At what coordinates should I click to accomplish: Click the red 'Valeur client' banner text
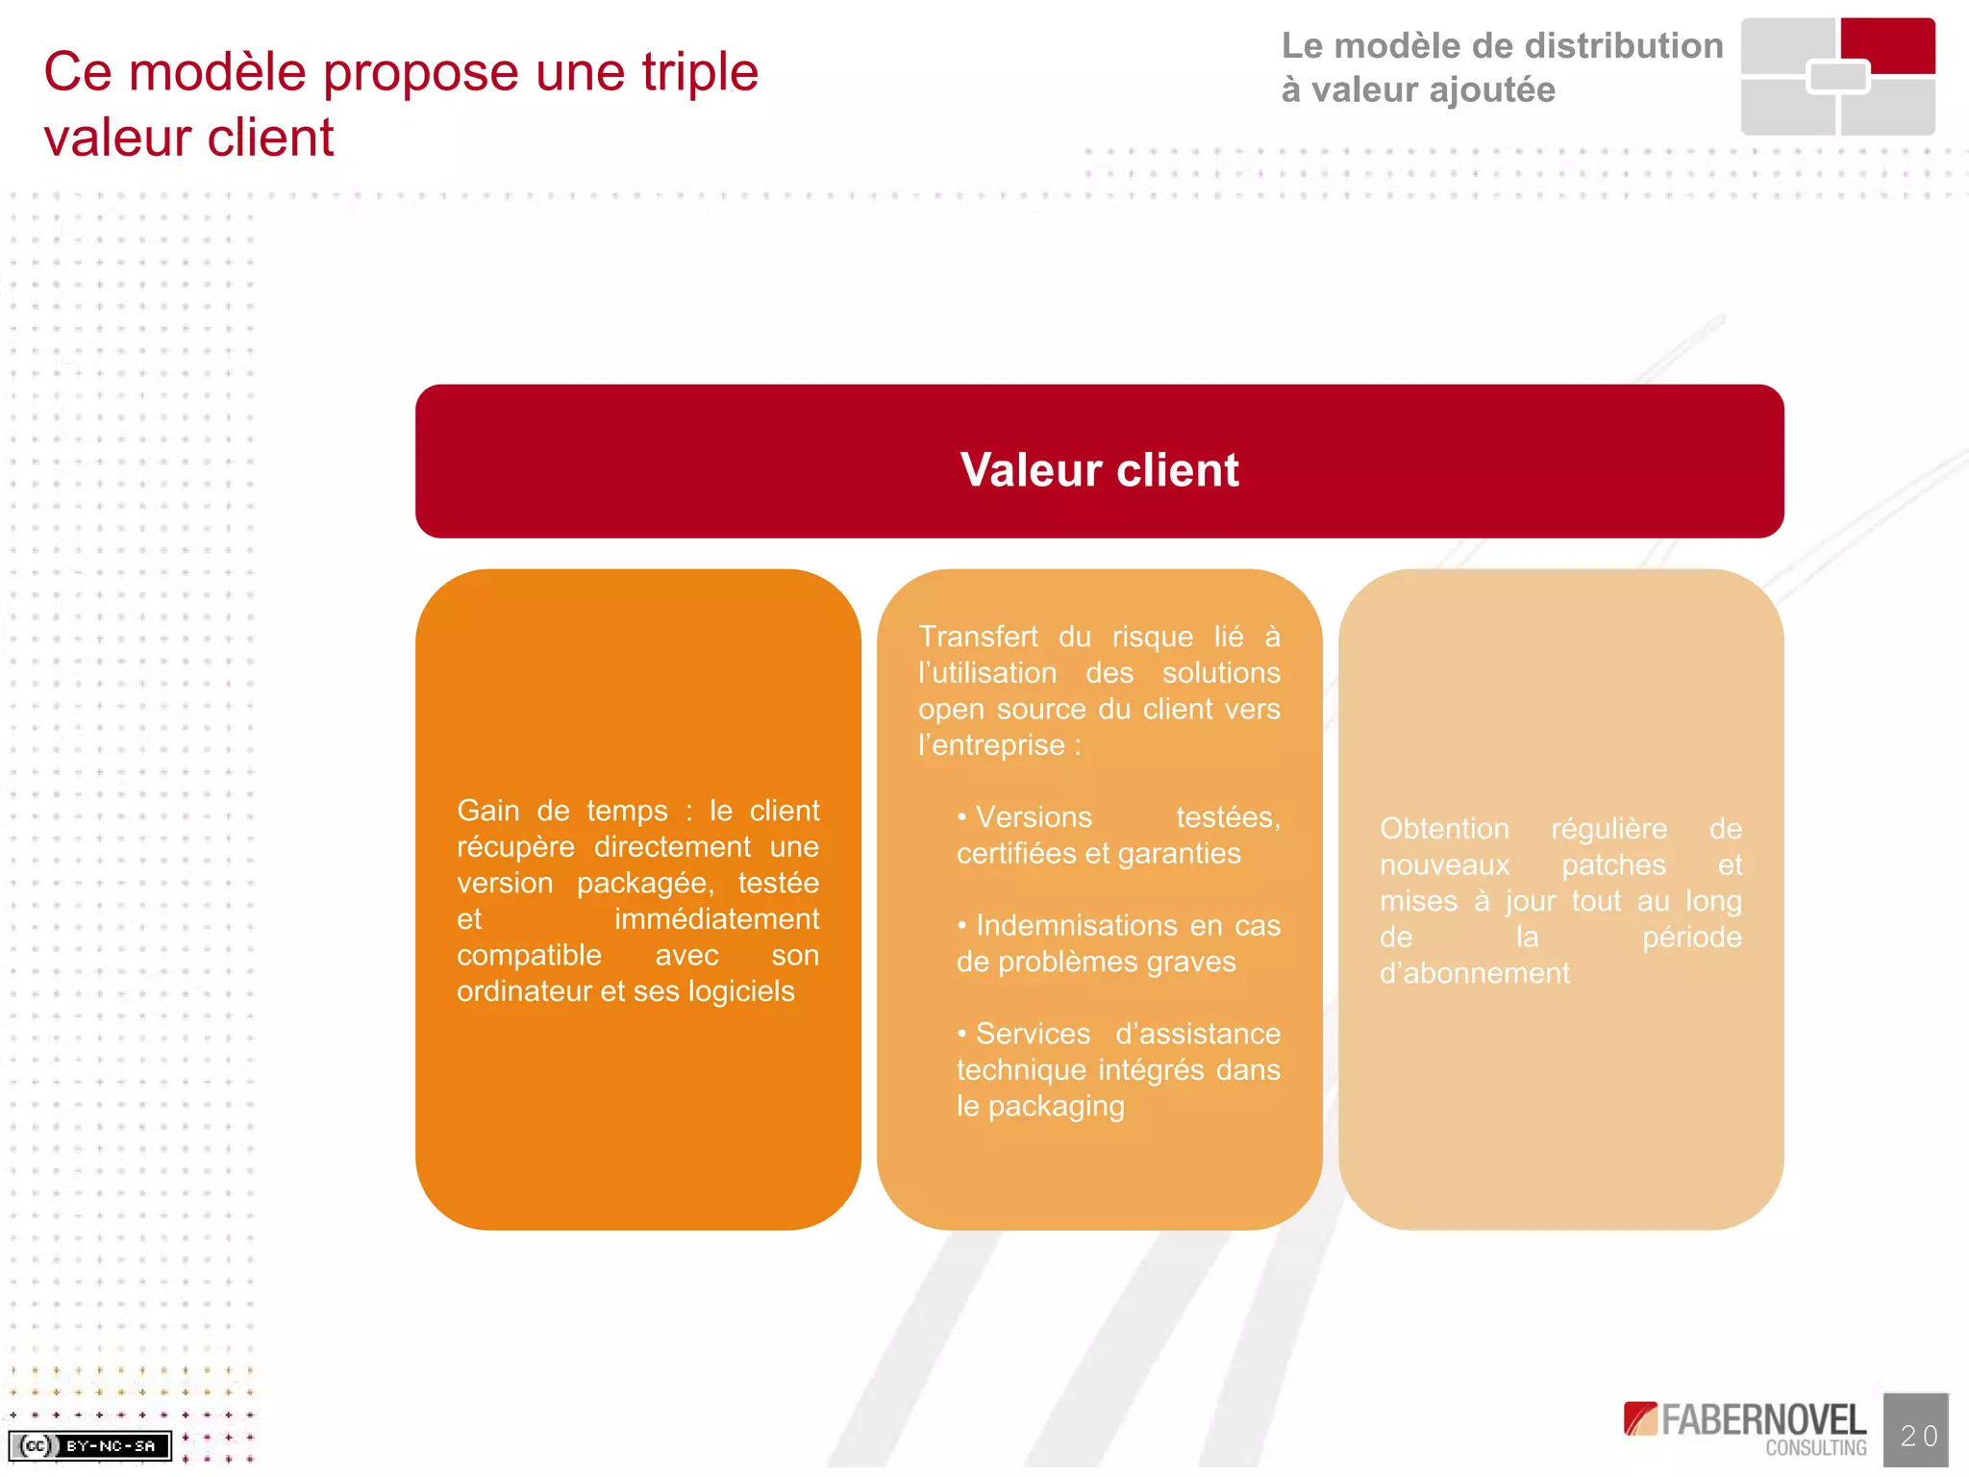[x=1099, y=470]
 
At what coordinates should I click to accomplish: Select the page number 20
[x=1918, y=1435]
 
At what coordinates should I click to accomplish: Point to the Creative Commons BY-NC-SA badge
[x=90, y=1445]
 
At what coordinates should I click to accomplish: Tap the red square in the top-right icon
[x=1888, y=44]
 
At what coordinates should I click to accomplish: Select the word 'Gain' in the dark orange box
[x=489, y=811]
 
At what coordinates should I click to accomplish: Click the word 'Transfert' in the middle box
[x=978, y=637]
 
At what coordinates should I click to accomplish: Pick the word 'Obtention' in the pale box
[x=1444, y=829]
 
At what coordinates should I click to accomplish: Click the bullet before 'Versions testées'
[x=961, y=817]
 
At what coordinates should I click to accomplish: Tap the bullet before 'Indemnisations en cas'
[x=961, y=926]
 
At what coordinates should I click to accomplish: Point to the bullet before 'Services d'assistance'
[x=961, y=1034]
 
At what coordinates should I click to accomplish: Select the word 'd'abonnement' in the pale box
[x=1474, y=973]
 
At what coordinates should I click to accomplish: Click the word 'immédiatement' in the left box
[x=716, y=919]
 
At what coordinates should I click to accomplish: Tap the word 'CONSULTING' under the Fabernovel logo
[x=1815, y=1448]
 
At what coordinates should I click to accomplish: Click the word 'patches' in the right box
[x=1613, y=865]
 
